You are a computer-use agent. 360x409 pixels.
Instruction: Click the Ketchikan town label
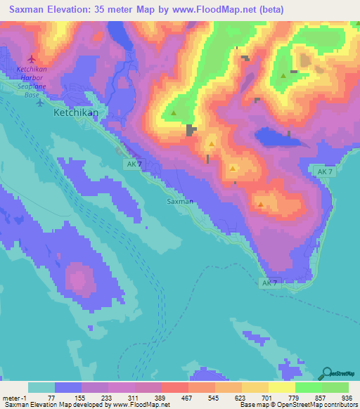pos(77,112)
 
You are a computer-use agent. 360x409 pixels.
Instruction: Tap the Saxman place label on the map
pos(180,201)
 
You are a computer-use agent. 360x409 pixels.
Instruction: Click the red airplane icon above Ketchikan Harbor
pos(30,59)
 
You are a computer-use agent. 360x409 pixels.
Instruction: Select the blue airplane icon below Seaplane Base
pos(39,103)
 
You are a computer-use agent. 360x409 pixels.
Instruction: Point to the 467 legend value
pos(188,397)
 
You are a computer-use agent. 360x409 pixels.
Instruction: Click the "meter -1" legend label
pos(15,397)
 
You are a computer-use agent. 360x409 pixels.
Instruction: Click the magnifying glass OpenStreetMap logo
pos(327,373)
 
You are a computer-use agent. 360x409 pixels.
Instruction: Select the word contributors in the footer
pos(338,404)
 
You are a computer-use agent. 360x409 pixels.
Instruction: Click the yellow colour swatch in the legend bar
pos(281,387)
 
